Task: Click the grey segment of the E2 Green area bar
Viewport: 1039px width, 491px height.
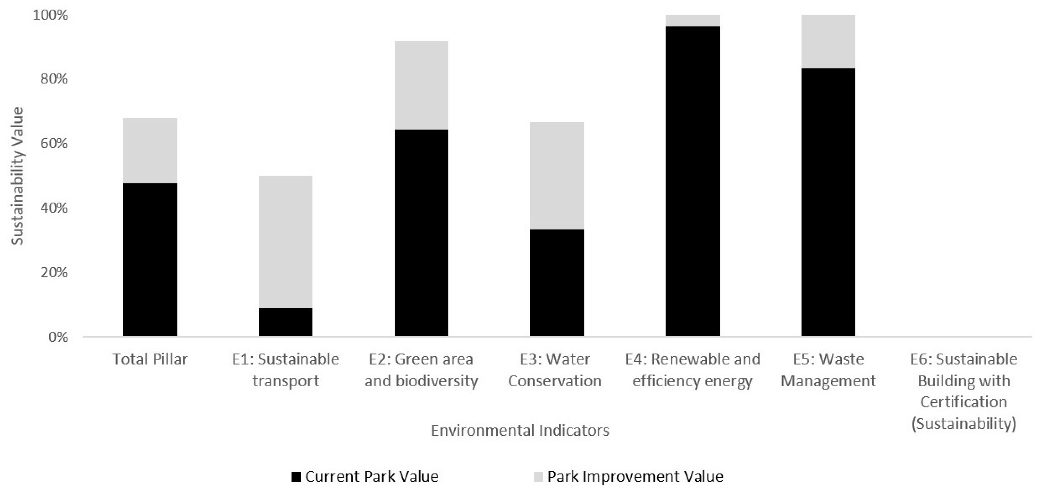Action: pyautogui.click(x=421, y=85)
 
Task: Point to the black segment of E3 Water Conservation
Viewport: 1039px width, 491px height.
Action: pyautogui.click(x=557, y=282)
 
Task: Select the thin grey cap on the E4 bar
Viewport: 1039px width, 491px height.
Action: pyautogui.click(x=692, y=20)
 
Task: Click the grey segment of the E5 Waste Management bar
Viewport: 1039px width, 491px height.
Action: pyautogui.click(x=828, y=42)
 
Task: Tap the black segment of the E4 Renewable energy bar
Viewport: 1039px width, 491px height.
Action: pyautogui.click(x=692, y=181)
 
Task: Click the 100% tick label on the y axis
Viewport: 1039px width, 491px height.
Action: pyautogui.click(x=50, y=15)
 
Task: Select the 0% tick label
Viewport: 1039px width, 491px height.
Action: pyautogui.click(x=58, y=337)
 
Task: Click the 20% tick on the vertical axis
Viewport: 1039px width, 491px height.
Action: pyautogui.click(x=53, y=273)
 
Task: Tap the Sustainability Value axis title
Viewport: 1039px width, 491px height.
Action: pyautogui.click(x=17, y=176)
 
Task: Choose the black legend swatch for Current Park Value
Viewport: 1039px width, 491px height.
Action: pyautogui.click(x=296, y=477)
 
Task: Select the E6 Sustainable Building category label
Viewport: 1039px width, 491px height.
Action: pyautogui.click(x=964, y=391)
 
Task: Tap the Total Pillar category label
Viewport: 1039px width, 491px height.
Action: pyautogui.click(x=150, y=359)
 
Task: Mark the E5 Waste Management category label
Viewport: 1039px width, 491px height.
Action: pyautogui.click(x=828, y=370)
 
